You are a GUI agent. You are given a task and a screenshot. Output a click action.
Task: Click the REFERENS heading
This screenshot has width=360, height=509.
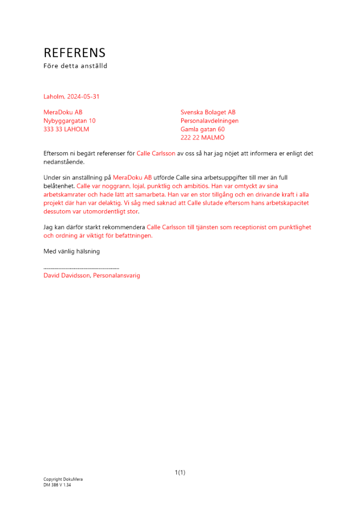74,53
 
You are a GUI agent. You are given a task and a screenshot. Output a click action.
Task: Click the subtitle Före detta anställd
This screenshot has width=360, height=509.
75,66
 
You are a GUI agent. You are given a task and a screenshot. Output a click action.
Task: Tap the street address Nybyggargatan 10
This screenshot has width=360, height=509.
69,121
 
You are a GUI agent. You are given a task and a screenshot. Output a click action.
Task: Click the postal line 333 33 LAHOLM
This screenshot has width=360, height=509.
66,129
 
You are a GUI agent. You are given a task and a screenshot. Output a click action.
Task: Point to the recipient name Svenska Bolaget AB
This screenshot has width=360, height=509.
208,112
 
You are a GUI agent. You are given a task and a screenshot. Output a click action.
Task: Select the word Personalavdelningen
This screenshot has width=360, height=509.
209,121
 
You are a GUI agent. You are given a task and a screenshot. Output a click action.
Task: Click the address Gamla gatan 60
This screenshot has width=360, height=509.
202,129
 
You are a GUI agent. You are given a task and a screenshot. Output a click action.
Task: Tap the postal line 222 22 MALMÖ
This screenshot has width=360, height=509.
202,137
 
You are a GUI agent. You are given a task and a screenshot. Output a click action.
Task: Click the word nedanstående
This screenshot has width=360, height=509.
64,161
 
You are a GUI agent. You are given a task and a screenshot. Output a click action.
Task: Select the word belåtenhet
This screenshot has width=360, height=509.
59,186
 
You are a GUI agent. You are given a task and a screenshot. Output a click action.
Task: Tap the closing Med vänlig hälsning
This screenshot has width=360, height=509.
71,251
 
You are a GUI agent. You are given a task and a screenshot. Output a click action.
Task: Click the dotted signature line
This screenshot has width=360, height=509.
81,268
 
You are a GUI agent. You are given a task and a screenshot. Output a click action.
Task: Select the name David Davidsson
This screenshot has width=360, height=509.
67,276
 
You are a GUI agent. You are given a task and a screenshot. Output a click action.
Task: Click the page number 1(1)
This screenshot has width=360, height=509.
180,472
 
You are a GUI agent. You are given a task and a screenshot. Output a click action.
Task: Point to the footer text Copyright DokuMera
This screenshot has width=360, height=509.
63,479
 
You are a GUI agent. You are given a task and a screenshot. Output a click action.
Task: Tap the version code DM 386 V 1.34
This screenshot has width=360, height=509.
57,485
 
